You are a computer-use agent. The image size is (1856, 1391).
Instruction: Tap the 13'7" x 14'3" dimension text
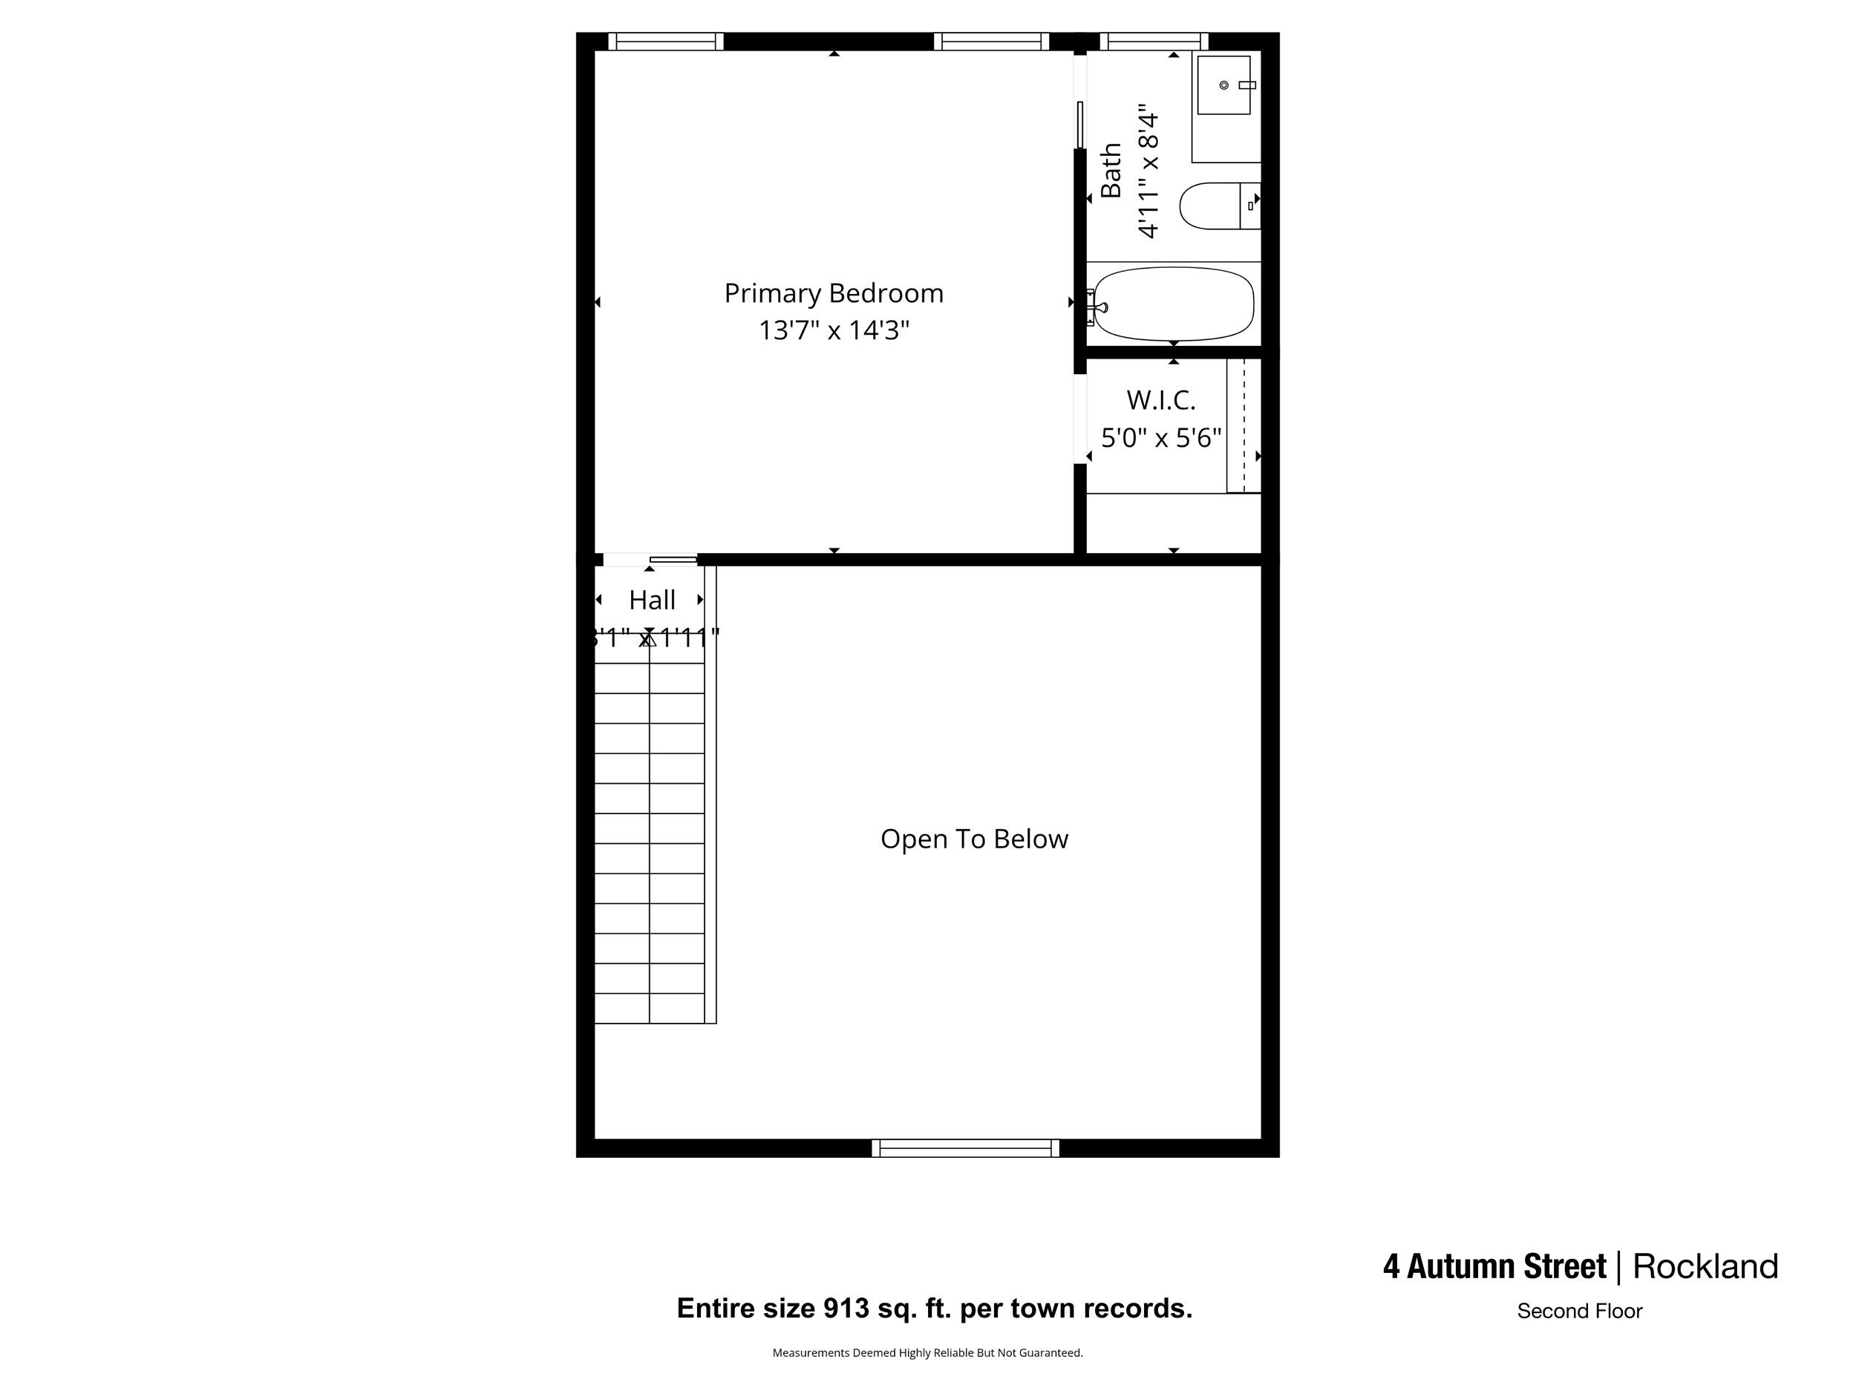(x=833, y=330)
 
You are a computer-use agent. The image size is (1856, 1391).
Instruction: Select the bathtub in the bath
(x=1173, y=304)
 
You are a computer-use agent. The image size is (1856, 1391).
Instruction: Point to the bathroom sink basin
(x=1224, y=85)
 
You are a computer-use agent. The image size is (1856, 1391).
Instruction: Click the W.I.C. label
(x=1160, y=400)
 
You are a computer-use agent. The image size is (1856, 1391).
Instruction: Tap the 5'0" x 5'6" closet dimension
(x=1160, y=438)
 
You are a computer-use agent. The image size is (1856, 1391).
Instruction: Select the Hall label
(x=652, y=600)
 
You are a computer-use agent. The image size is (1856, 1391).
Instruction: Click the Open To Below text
(x=973, y=839)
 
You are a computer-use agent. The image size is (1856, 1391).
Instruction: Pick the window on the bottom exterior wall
(x=965, y=1148)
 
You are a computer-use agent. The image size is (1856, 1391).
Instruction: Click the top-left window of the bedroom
(x=665, y=41)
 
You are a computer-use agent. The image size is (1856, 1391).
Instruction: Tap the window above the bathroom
(x=1154, y=41)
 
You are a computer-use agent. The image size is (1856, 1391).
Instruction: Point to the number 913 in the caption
(x=846, y=1308)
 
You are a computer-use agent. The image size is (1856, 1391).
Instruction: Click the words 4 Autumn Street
(x=1494, y=1267)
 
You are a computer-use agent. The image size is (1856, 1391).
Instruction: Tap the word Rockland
(x=1705, y=1267)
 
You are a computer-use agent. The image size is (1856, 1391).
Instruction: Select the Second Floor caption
(x=1579, y=1312)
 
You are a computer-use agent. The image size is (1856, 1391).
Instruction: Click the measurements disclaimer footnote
(x=927, y=1352)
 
